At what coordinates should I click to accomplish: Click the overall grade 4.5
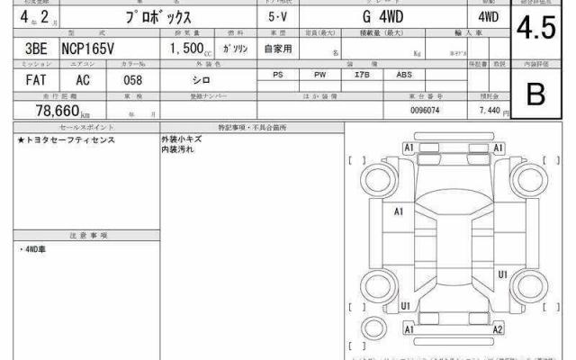pyautogui.click(x=535, y=30)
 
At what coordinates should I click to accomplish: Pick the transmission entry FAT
pyautogui.click(x=29, y=79)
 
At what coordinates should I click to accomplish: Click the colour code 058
pyautogui.click(x=132, y=79)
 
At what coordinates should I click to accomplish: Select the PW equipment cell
pyautogui.click(x=319, y=75)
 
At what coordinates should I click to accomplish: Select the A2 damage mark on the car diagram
pyautogui.click(x=497, y=330)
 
